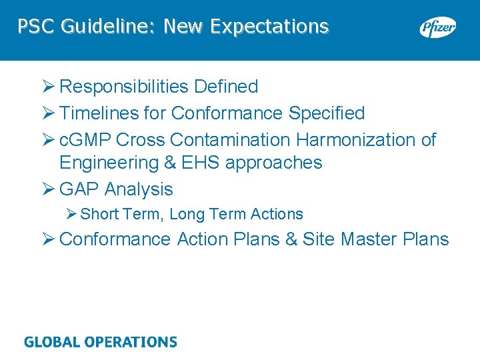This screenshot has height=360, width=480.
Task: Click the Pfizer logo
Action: (437, 28)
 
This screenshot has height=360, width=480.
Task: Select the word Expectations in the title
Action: (269, 27)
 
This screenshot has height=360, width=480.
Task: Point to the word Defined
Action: (226, 87)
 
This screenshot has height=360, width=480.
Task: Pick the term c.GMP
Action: (85, 140)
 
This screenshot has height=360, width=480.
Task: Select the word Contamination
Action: (230, 140)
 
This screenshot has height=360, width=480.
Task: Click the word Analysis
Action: (139, 189)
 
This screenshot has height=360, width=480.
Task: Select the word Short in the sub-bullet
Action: (98, 214)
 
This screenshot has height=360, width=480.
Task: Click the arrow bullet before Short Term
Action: (72, 214)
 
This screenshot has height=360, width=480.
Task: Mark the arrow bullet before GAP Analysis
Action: (48, 189)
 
